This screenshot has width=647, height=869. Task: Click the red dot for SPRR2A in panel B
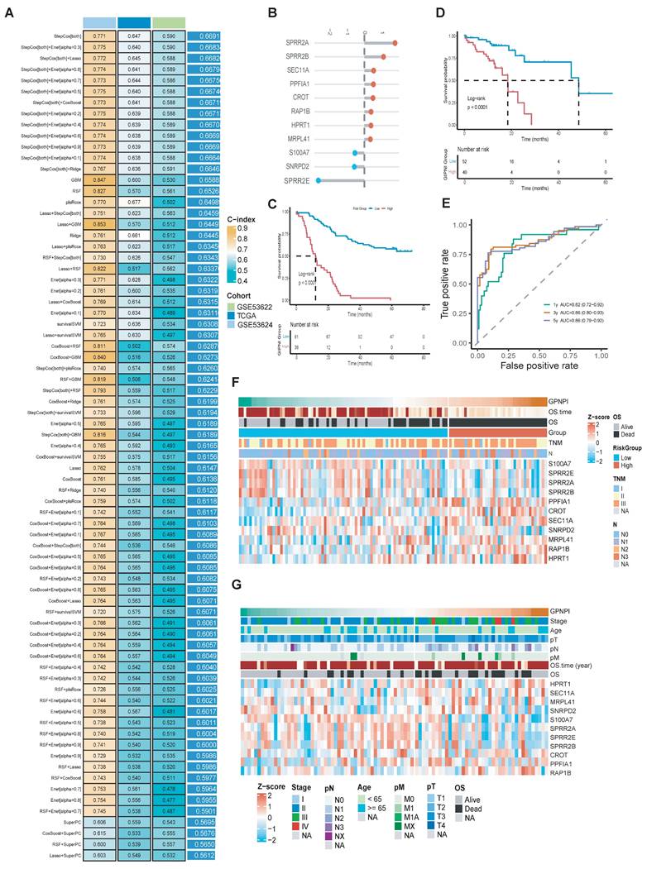[395, 43]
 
